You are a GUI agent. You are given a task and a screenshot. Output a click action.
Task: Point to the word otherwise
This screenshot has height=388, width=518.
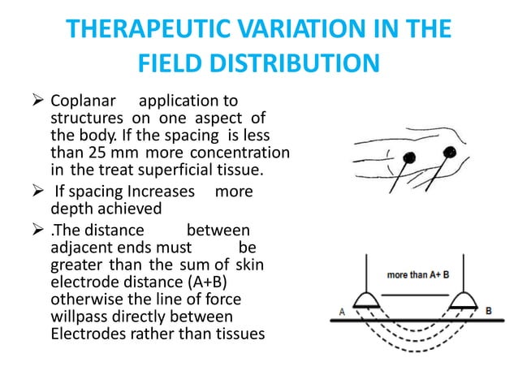click(88, 298)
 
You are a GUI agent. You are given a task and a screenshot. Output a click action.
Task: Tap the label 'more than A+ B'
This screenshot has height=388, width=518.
click(419, 275)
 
